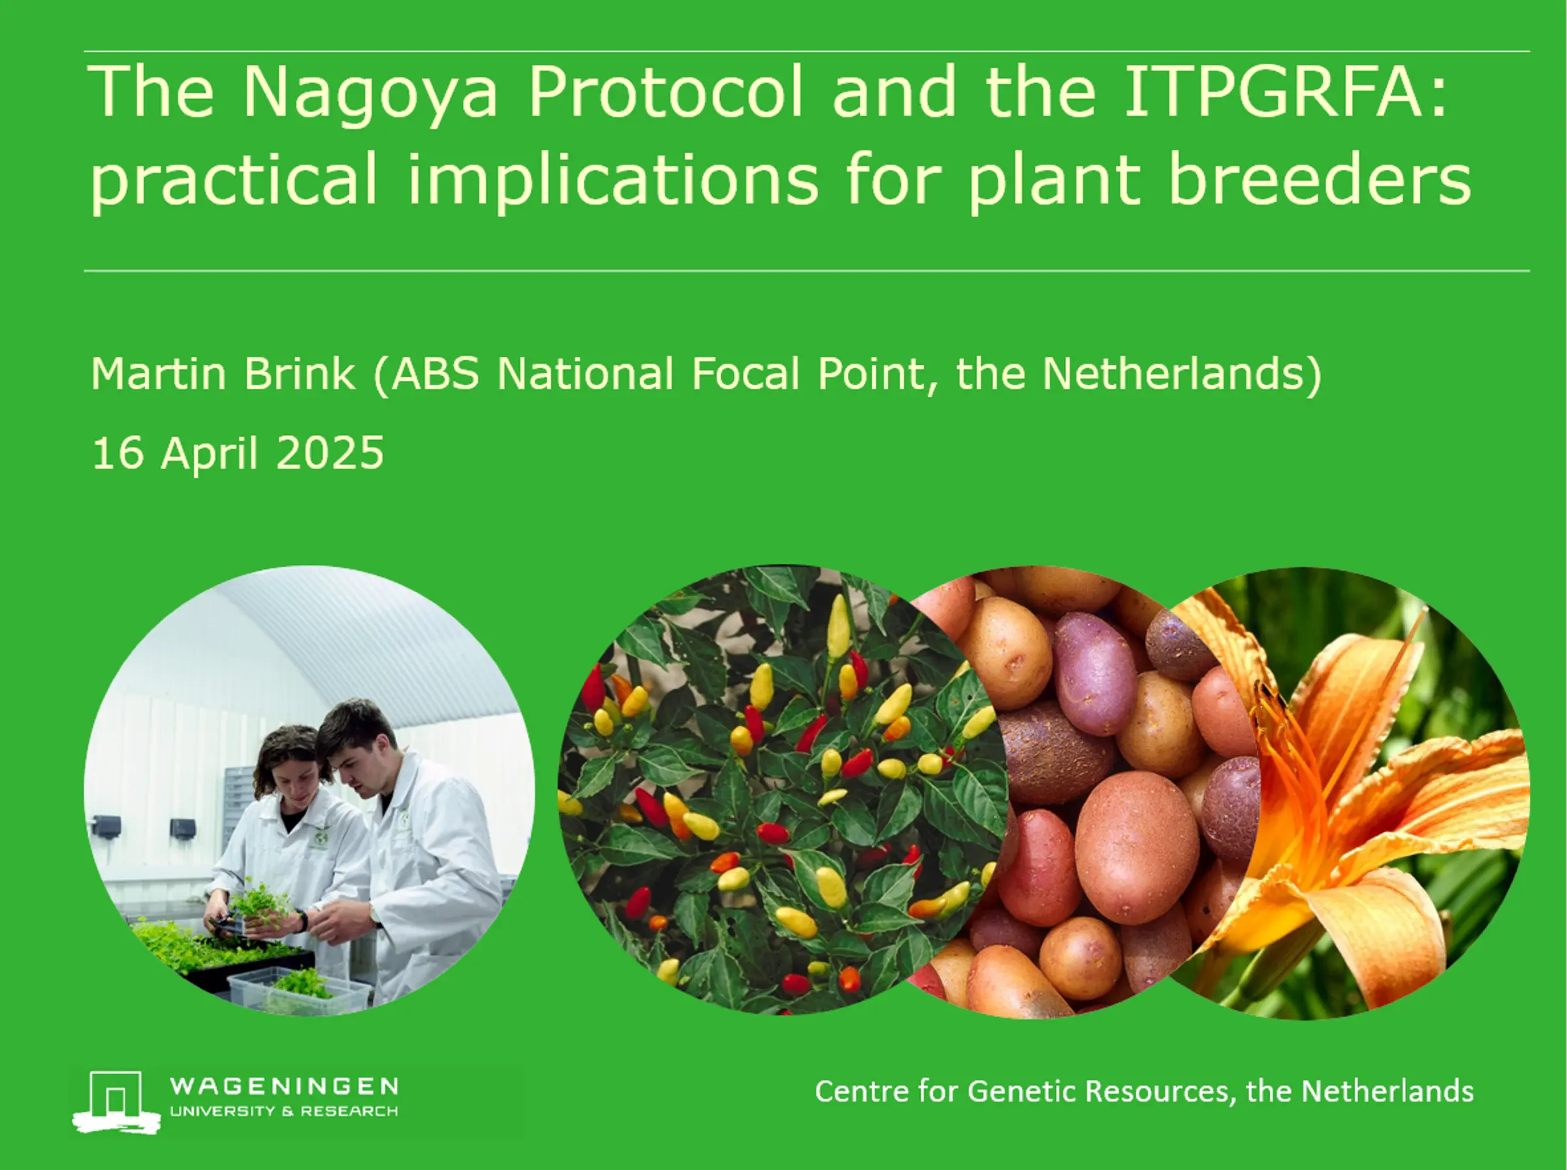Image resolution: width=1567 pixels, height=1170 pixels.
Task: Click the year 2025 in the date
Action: click(x=329, y=453)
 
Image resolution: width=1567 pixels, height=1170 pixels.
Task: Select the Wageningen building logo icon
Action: click(x=116, y=1101)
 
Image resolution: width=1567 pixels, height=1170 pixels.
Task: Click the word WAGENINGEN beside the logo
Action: click(x=284, y=1086)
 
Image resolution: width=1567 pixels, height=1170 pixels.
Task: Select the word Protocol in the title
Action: click(x=665, y=91)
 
